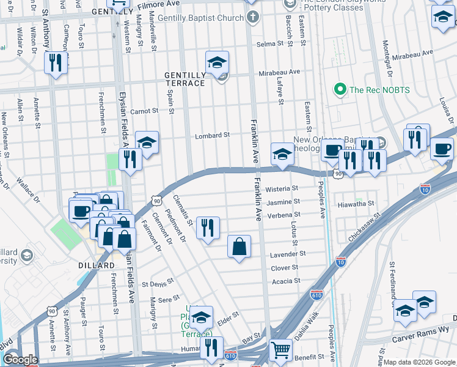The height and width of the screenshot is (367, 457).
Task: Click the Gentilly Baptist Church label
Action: pos(200,18)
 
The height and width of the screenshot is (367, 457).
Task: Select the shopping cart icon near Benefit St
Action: pos(280,350)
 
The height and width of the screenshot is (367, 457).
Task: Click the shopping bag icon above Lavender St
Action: pos(239,247)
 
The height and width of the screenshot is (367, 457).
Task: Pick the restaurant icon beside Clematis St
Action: pos(208,228)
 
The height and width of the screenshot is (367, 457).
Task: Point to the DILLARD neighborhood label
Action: pos(97,265)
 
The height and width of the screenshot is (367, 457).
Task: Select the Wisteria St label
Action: pos(282,188)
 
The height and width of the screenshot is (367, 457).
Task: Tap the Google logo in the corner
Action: pos(20,360)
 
